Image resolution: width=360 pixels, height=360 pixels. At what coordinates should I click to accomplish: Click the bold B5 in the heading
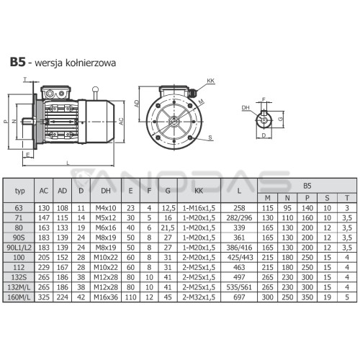pyautogui.click(x=17, y=62)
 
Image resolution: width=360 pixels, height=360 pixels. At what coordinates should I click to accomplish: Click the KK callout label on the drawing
pyautogui.click(x=211, y=81)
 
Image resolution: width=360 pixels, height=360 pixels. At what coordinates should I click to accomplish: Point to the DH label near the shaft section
pyautogui.click(x=246, y=107)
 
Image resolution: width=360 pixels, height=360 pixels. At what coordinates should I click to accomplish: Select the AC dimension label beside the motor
pyautogui.click(x=121, y=121)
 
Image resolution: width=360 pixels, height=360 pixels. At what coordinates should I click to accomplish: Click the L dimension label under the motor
pyautogui.click(x=68, y=163)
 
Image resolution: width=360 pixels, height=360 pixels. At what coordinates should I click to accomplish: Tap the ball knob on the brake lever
pyautogui.click(x=95, y=89)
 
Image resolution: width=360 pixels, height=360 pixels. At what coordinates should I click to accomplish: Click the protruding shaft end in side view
pyautogui.click(x=27, y=122)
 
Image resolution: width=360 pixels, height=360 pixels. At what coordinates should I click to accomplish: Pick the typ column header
pyautogui.click(x=20, y=191)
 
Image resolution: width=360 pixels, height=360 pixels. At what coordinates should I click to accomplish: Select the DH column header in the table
pyautogui.click(x=106, y=191)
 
